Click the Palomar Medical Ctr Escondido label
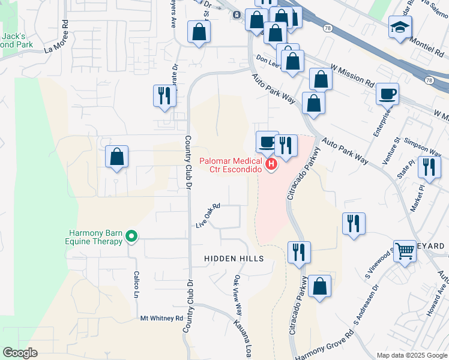(x=231, y=164)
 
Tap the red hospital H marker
(x=271, y=163)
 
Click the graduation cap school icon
(x=399, y=28)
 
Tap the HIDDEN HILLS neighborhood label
(x=234, y=259)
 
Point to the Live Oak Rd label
(x=208, y=215)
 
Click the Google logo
(x=20, y=353)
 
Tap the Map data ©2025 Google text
(x=411, y=355)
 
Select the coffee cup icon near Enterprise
(x=387, y=94)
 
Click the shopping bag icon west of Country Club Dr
(x=116, y=157)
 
